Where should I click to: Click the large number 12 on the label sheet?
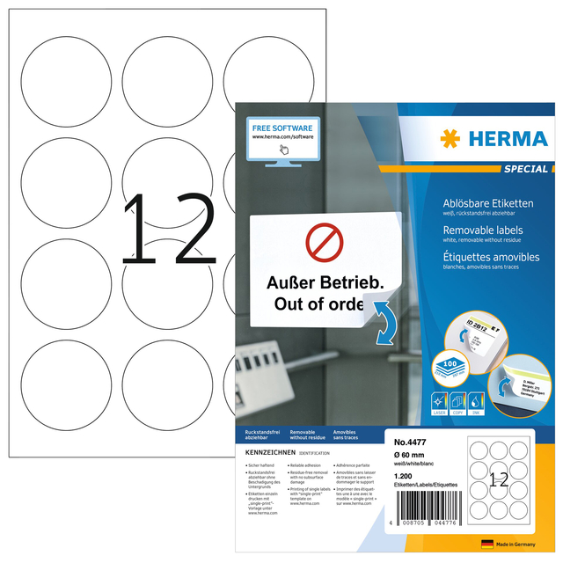tap(168, 231)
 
